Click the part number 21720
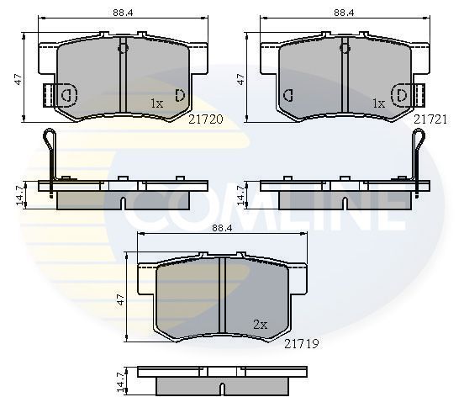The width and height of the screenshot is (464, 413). [206, 119]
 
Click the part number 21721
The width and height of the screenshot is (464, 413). [430, 119]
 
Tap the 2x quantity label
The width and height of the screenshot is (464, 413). [260, 324]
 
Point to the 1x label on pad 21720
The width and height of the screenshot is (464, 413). [156, 103]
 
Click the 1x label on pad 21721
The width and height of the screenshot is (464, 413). [378, 103]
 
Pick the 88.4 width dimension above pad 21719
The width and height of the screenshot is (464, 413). [221, 226]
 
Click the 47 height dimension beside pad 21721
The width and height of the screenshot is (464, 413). [241, 77]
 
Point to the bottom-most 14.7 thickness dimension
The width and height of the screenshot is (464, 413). [120, 382]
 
